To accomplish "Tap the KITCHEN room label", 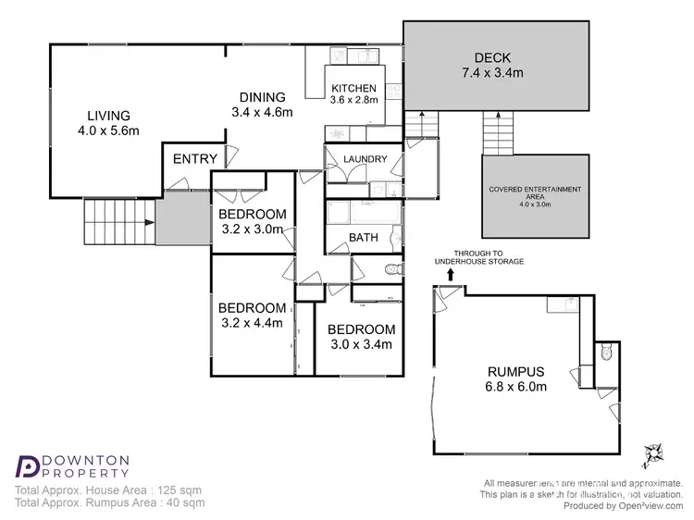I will click(354, 89).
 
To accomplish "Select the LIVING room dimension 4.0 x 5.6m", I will click(107, 130).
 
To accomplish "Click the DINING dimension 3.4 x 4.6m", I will click(262, 113).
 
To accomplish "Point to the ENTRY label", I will click(195, 159).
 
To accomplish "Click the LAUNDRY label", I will click(365, 159).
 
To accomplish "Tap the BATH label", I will click(364, 238).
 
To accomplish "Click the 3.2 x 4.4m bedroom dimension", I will click(252, 324).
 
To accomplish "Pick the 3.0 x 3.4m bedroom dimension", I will click(361, 344).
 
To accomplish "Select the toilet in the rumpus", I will click(605, 352).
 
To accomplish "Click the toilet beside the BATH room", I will click(391, 269).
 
